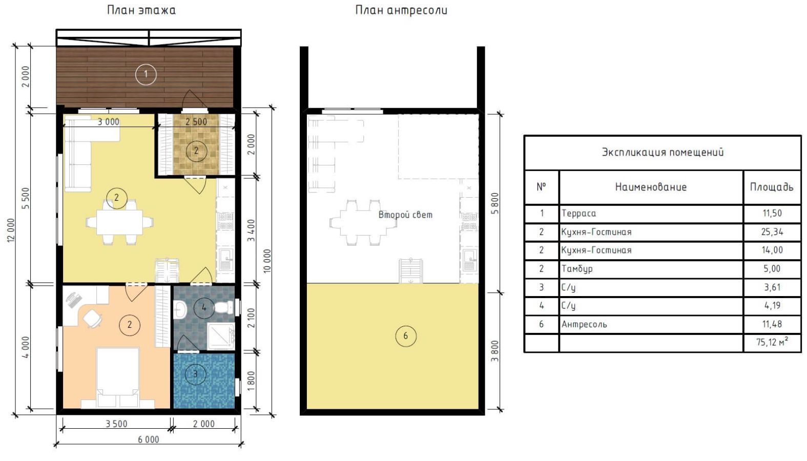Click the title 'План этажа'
[141, 10]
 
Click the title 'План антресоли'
[401, 10]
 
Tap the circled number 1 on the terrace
[146, 75]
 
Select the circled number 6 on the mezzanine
[406, 336]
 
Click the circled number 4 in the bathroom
[204, 307]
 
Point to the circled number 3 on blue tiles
[195, 374]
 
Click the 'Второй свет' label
[405, 215]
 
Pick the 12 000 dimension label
[11, 230]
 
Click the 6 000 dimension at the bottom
[149, 439]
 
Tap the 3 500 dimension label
[116, 424]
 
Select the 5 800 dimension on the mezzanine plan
[495, 203]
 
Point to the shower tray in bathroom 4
[220, 336]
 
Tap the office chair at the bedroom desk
[92, 319]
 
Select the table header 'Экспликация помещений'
[663, 152]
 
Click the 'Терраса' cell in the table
[578, 214]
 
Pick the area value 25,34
[772, 232]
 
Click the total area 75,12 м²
[772, 342]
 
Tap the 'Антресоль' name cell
[584, 325]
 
